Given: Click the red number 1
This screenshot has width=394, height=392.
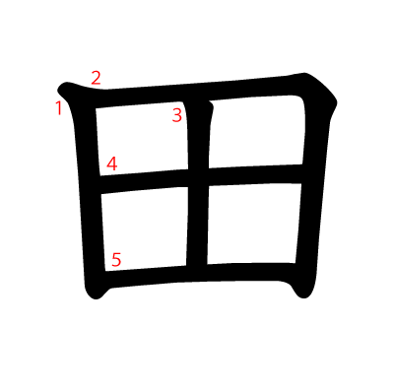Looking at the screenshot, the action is (x=59, y=108).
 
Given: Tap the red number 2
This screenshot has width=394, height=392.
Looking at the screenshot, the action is (x=96, y=78).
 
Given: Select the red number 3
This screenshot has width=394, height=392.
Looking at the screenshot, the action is (x=177, y=115).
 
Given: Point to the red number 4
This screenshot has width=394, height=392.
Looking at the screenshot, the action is (x=112, y=163).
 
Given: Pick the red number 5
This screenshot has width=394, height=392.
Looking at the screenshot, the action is (x=116, y=259).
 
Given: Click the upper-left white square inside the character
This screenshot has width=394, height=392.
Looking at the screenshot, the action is (x=142, y=138).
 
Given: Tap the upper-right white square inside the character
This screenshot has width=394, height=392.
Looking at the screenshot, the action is (x=256, y=131).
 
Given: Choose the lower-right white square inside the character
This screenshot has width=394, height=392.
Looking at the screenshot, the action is (x=254, y=224).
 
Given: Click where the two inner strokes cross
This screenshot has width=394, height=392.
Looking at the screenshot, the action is (x=198, y=177).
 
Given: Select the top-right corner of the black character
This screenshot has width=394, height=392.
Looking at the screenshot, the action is (x=336, y=101).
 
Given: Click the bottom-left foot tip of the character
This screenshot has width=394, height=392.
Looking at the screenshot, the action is (x=96, y=298).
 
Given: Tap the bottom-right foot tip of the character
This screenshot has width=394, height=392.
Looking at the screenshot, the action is (x=303, y=297).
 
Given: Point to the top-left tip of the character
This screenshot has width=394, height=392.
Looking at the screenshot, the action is (x=58, y=89).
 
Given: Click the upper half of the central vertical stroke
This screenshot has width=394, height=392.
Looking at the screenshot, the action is (x=199, y=135).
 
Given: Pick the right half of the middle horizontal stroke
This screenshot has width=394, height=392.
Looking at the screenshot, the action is (x=255, y=175).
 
